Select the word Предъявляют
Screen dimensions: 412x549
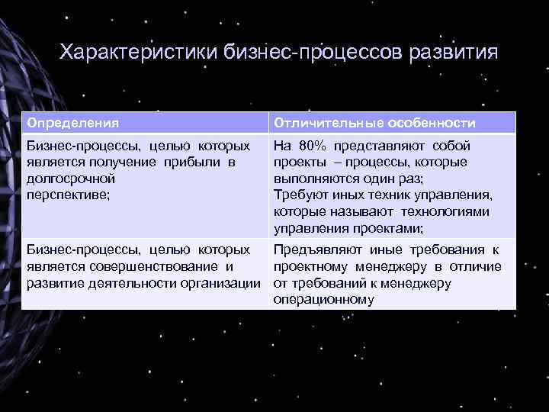313,249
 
